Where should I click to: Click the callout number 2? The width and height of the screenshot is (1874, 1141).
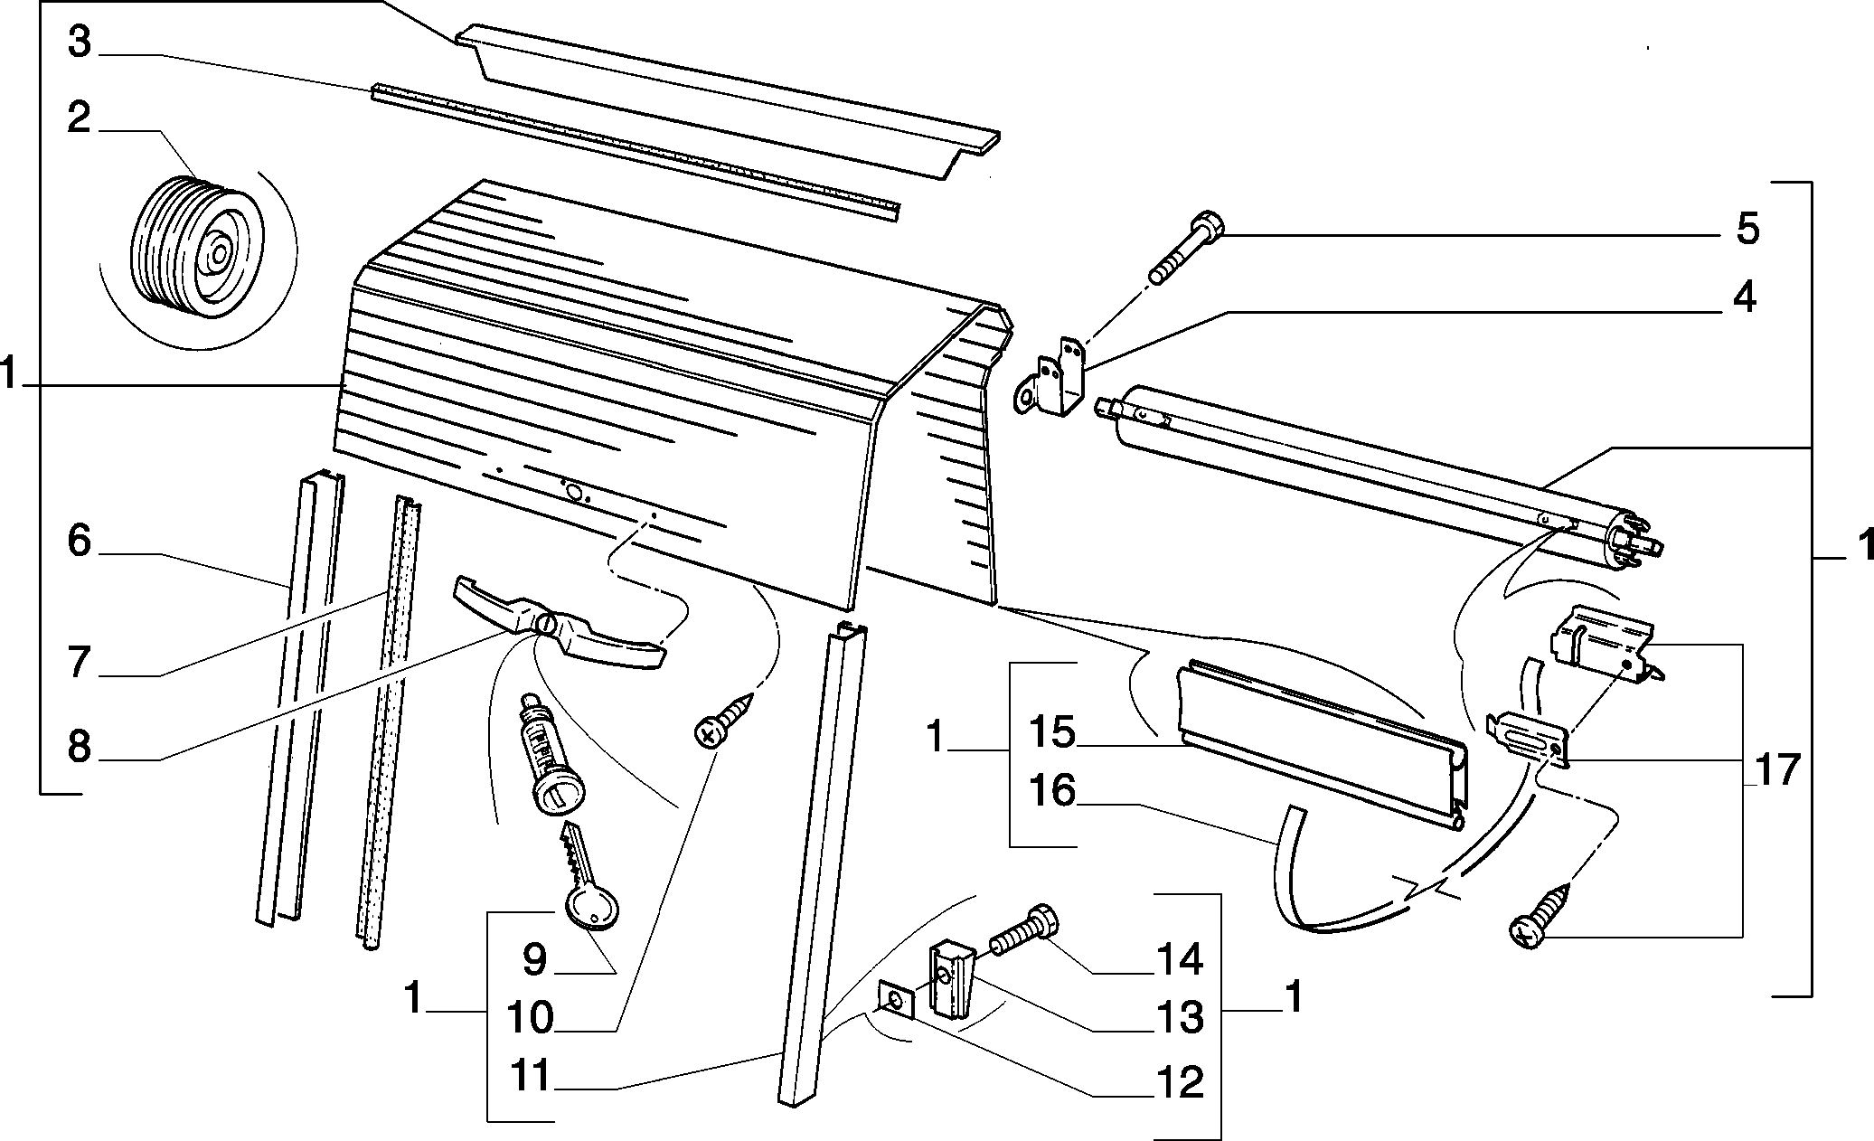point(80,117)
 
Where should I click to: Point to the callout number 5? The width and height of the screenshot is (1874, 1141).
point(1747,229)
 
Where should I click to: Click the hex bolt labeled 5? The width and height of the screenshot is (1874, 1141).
point(1183,249)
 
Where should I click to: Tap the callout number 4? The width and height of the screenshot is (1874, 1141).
point(1744,297)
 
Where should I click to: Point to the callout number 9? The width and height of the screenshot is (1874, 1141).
point(535,959)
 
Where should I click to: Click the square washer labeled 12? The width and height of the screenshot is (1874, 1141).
point(897,1002)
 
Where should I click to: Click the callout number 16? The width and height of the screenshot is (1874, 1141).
point(1053,791)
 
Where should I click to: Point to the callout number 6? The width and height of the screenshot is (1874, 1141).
point(80,542)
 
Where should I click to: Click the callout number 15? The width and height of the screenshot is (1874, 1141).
point(1053,731)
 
